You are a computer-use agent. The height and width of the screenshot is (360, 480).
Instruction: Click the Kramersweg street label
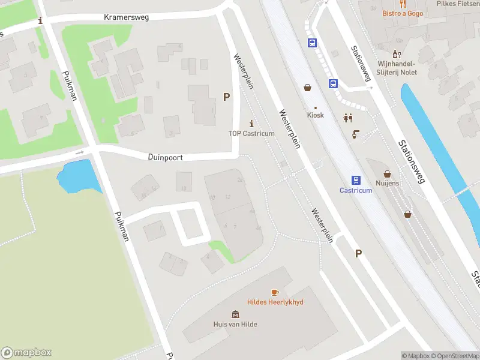[x=126, y=17]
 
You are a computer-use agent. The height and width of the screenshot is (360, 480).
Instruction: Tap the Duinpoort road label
[x=165, y=157]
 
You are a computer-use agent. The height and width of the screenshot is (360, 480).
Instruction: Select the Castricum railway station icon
[x=356, y=180]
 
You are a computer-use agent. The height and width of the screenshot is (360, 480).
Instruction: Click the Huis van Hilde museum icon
[x=235, y=314]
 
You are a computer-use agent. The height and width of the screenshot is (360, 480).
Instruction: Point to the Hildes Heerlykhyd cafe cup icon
[x=275, y=292]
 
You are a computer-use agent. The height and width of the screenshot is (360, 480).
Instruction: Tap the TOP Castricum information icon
[x=251, y=123]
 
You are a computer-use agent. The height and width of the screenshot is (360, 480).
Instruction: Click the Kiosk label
[x=315, y=115]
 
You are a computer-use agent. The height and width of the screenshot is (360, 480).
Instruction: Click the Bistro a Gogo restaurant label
[x=403, y=13]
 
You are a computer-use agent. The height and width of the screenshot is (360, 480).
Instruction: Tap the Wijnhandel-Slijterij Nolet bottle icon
[x=397, y=54]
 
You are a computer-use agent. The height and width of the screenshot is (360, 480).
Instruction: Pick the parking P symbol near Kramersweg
[x=226, y=97]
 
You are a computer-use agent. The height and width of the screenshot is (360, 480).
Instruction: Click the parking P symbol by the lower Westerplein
[x=358, y=253]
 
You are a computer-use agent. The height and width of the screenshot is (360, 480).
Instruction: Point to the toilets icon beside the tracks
[x=347, y=118]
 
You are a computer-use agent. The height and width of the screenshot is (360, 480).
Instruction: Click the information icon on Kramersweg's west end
[x=40, y=20]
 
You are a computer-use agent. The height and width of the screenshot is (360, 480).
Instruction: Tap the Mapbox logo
[x=26, y=353]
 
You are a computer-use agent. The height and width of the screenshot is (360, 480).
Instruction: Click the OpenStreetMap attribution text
[x=453, y=356]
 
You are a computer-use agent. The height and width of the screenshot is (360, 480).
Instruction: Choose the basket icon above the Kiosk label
[x=308, y=88]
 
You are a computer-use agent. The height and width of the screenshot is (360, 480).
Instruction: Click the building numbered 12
[x=228, y=197]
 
